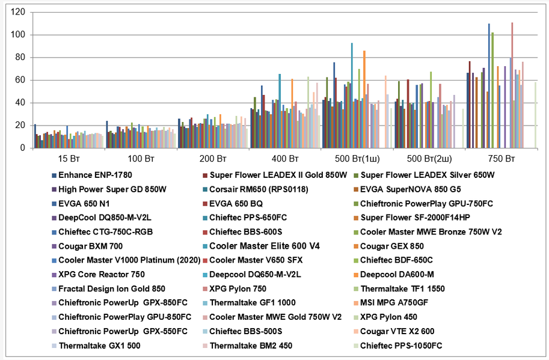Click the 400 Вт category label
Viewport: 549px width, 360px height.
pos(284,159)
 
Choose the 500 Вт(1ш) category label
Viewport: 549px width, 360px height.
pos(355,159)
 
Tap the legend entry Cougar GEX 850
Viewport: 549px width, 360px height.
pos(391,246)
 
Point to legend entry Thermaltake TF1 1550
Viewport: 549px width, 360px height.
pos(403,288)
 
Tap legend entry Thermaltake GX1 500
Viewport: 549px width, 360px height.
pos(100,346)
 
